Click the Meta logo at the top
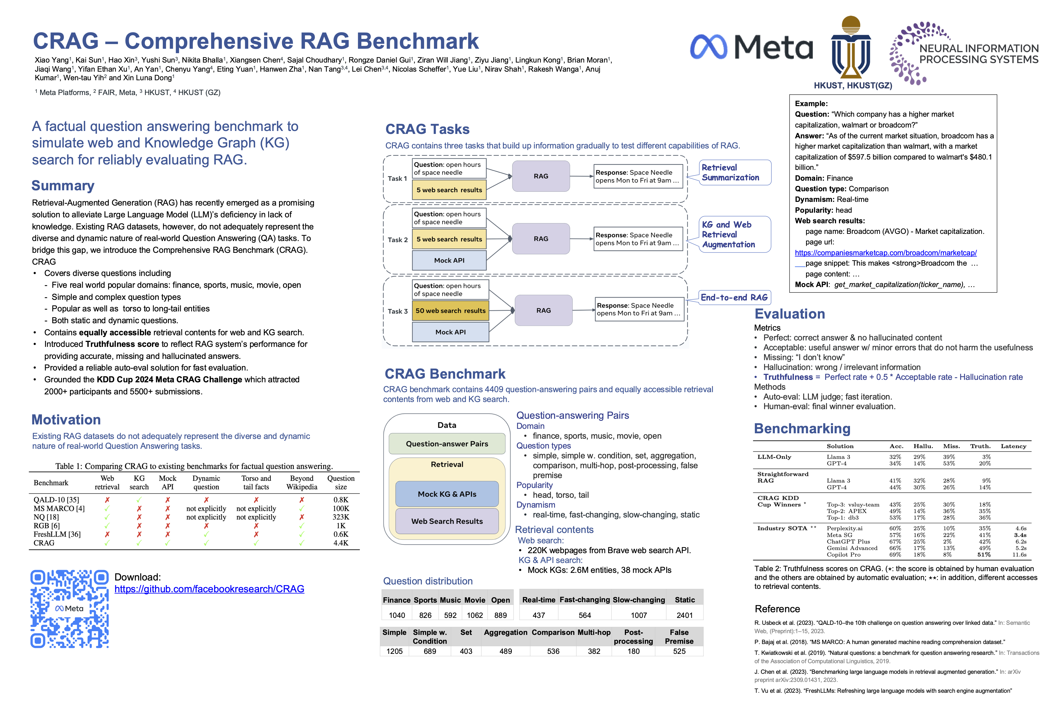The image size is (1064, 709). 751,47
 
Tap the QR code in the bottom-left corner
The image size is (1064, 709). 70,609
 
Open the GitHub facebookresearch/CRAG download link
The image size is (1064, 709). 209,589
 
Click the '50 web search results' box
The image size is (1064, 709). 450,311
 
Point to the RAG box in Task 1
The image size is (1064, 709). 541,176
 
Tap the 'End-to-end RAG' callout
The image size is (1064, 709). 734,298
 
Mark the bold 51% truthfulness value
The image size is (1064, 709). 983,554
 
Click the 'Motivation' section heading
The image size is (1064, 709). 66,419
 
